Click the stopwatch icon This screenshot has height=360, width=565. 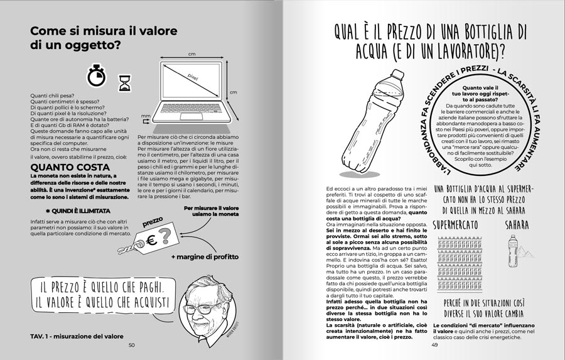point(95,76)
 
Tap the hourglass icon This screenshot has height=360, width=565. point(124,82)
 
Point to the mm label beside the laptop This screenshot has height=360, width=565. point(146,116)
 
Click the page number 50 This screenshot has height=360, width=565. point(132,344)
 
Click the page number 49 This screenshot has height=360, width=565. point(434,344)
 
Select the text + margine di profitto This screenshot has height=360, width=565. point(200,258)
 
